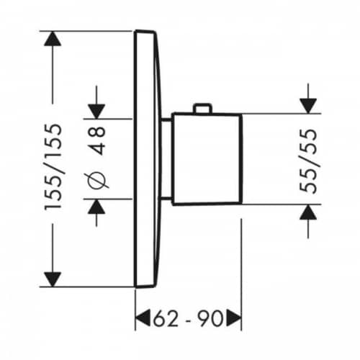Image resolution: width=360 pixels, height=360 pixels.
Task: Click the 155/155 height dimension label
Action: click(53, 167)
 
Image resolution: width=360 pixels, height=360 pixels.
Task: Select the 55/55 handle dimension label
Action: click(308, 161)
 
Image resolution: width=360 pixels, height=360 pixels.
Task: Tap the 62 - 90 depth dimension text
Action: click(188, 318)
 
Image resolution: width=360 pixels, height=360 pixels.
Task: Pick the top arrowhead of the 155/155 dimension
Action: click(53, 39)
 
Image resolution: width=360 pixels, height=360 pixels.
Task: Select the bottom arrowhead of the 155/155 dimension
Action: click(53, 279)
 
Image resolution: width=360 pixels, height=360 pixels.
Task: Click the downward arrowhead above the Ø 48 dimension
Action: click(96, 112)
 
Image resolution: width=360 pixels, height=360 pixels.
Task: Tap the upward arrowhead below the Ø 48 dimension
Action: click(96, 207)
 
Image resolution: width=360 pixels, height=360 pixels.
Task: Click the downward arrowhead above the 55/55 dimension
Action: click(308, 106)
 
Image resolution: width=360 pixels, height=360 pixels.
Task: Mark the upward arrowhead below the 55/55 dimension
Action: click(308, 212)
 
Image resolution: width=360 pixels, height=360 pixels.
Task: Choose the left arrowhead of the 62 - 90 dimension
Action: click(143, 318)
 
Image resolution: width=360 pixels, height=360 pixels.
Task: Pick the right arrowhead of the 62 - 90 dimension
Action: click(234, 318)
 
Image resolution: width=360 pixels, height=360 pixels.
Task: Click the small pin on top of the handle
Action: click(203, 108)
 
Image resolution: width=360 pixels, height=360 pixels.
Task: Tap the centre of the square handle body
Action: click(207, 159)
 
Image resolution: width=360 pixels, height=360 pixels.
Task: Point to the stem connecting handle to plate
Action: click(166, 159)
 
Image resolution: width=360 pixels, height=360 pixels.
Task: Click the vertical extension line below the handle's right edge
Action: click(241, 274)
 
